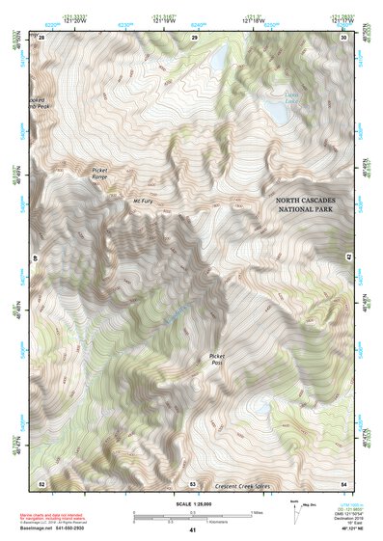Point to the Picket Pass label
[217, 361]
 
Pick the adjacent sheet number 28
[41, 37]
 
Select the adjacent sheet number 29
[194, 37]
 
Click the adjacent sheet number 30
[343, 37]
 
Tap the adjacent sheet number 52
[41, 482]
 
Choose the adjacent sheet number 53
[193, 482]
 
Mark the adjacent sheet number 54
[343, 482]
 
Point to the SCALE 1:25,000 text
[192, 502]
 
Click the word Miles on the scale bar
[257, 510]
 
